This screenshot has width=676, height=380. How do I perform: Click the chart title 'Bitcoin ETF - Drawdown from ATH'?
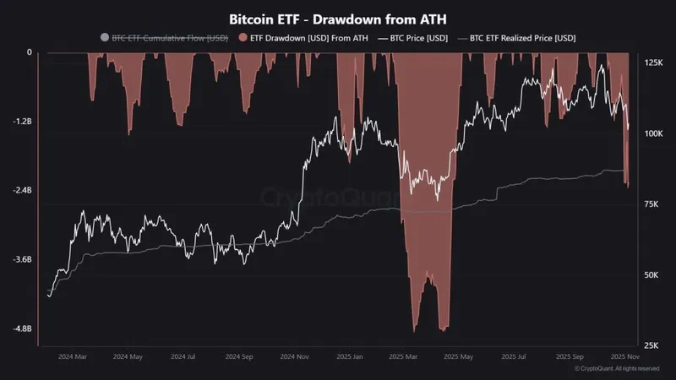pos(337,18)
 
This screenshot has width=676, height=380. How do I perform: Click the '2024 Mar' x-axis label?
pos(73,357)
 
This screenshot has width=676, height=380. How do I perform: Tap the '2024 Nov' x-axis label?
pos(295,357)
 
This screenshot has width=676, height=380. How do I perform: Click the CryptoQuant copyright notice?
pos(616,369)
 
